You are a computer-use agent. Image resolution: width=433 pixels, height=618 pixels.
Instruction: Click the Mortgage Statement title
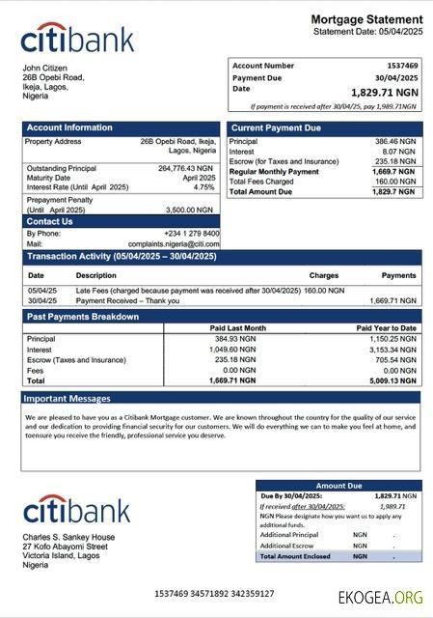pyautogui.click(x=366, y=19)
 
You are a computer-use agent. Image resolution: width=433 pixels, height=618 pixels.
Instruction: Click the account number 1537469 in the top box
pyautogui.click(x=400, y=66)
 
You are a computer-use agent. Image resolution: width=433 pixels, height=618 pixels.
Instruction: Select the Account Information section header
pyautogui.click(x=69, y=127)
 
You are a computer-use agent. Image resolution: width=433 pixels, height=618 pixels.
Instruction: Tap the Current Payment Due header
pyautogui.click(x=277, y=127)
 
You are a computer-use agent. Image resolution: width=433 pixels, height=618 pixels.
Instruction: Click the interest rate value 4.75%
pyautogui.click(x=204, y=187)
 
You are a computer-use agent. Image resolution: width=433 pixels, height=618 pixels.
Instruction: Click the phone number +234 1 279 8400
pyautogui.click(x=191, y=234)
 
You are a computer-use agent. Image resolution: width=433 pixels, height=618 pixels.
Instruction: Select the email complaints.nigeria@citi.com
pyautogui.click(x=174, y=244)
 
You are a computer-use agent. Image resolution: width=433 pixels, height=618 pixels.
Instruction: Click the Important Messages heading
pyautogui.click(x=68, y=398)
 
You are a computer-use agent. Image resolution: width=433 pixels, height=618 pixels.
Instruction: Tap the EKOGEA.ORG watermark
pyautogui.click(x=380, y=598)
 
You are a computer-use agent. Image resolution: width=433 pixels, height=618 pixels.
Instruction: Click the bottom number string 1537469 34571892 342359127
pyautogui.click(x=214, y=593)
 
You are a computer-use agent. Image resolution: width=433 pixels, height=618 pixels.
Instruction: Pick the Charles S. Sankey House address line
pyautogui.click(x=69, y=537)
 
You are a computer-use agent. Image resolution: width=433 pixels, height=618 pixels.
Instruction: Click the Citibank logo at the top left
pyautogui.click(x=77, y=39)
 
